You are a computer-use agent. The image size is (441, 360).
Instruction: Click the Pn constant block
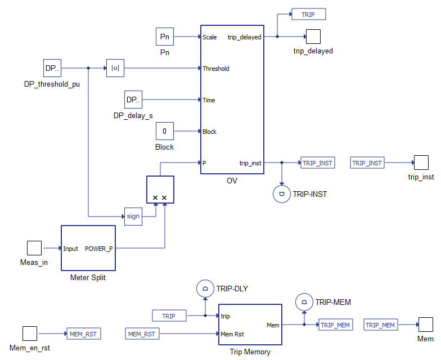coord(165,37)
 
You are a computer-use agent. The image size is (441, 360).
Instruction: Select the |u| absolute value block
coord(115,69)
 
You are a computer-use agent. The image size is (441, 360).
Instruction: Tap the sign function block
coord(133,216)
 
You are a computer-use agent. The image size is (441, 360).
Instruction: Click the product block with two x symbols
coord(160,190)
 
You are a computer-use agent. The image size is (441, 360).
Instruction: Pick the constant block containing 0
coord(165,132)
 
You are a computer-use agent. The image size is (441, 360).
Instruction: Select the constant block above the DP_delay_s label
coord(133,100)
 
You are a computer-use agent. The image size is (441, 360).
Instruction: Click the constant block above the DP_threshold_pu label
coord(52,69)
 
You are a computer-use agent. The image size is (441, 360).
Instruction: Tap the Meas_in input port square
coord(34,248)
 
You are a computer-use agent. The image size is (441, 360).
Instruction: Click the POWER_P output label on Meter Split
coord(98,249)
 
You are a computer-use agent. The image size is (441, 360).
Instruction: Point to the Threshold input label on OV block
coord(216,69)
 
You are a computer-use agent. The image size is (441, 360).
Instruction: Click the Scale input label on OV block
coord(210,37)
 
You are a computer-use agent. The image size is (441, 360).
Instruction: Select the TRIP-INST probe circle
coord(281,195)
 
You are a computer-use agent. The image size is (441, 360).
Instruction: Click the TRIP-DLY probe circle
coord(205,289)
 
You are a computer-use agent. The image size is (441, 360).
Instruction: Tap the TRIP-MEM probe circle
coord(304,303)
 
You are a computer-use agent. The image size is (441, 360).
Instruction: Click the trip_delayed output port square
coord(313,37)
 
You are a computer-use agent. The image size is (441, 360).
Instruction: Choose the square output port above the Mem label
coord(425,325)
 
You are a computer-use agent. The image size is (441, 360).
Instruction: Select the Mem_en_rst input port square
coord(30,334)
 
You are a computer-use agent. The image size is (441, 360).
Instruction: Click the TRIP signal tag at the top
coord(308,14)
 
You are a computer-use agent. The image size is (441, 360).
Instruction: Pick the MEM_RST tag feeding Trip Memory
coord(142,334)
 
